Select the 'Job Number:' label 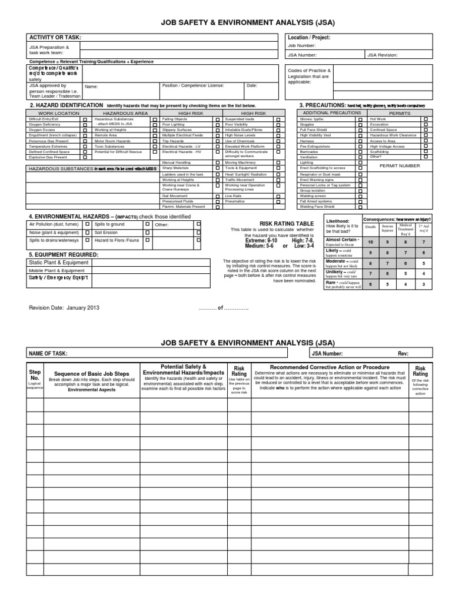[302, 45]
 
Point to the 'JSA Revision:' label [382, 55]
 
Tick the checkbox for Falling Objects [217, 119]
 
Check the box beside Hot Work [426, 119]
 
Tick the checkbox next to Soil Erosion [147, 233]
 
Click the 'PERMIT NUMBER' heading [400, 166]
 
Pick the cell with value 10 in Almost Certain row [370, 241]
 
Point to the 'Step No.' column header [34, 376]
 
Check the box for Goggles [360, 124]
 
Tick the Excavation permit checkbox [426, 124]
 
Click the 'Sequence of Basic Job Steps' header [91, 374]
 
